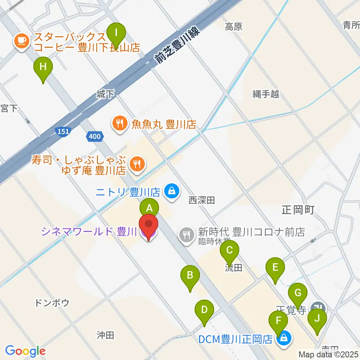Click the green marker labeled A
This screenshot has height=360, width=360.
(x=149, y=207)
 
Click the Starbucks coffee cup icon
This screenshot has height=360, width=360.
(x=22, y=41)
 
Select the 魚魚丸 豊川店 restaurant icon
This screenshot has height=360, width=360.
(x=120, y=124)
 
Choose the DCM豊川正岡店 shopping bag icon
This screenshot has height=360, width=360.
(x=284, y=339)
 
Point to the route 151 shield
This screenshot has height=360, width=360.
(x=63, y=130)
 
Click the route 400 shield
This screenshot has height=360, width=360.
(x=94, y=136)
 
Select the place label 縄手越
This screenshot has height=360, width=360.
(x=265, y=94)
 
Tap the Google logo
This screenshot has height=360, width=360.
(x=25, y=351)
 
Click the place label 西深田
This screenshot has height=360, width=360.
(x=202, y=201)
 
